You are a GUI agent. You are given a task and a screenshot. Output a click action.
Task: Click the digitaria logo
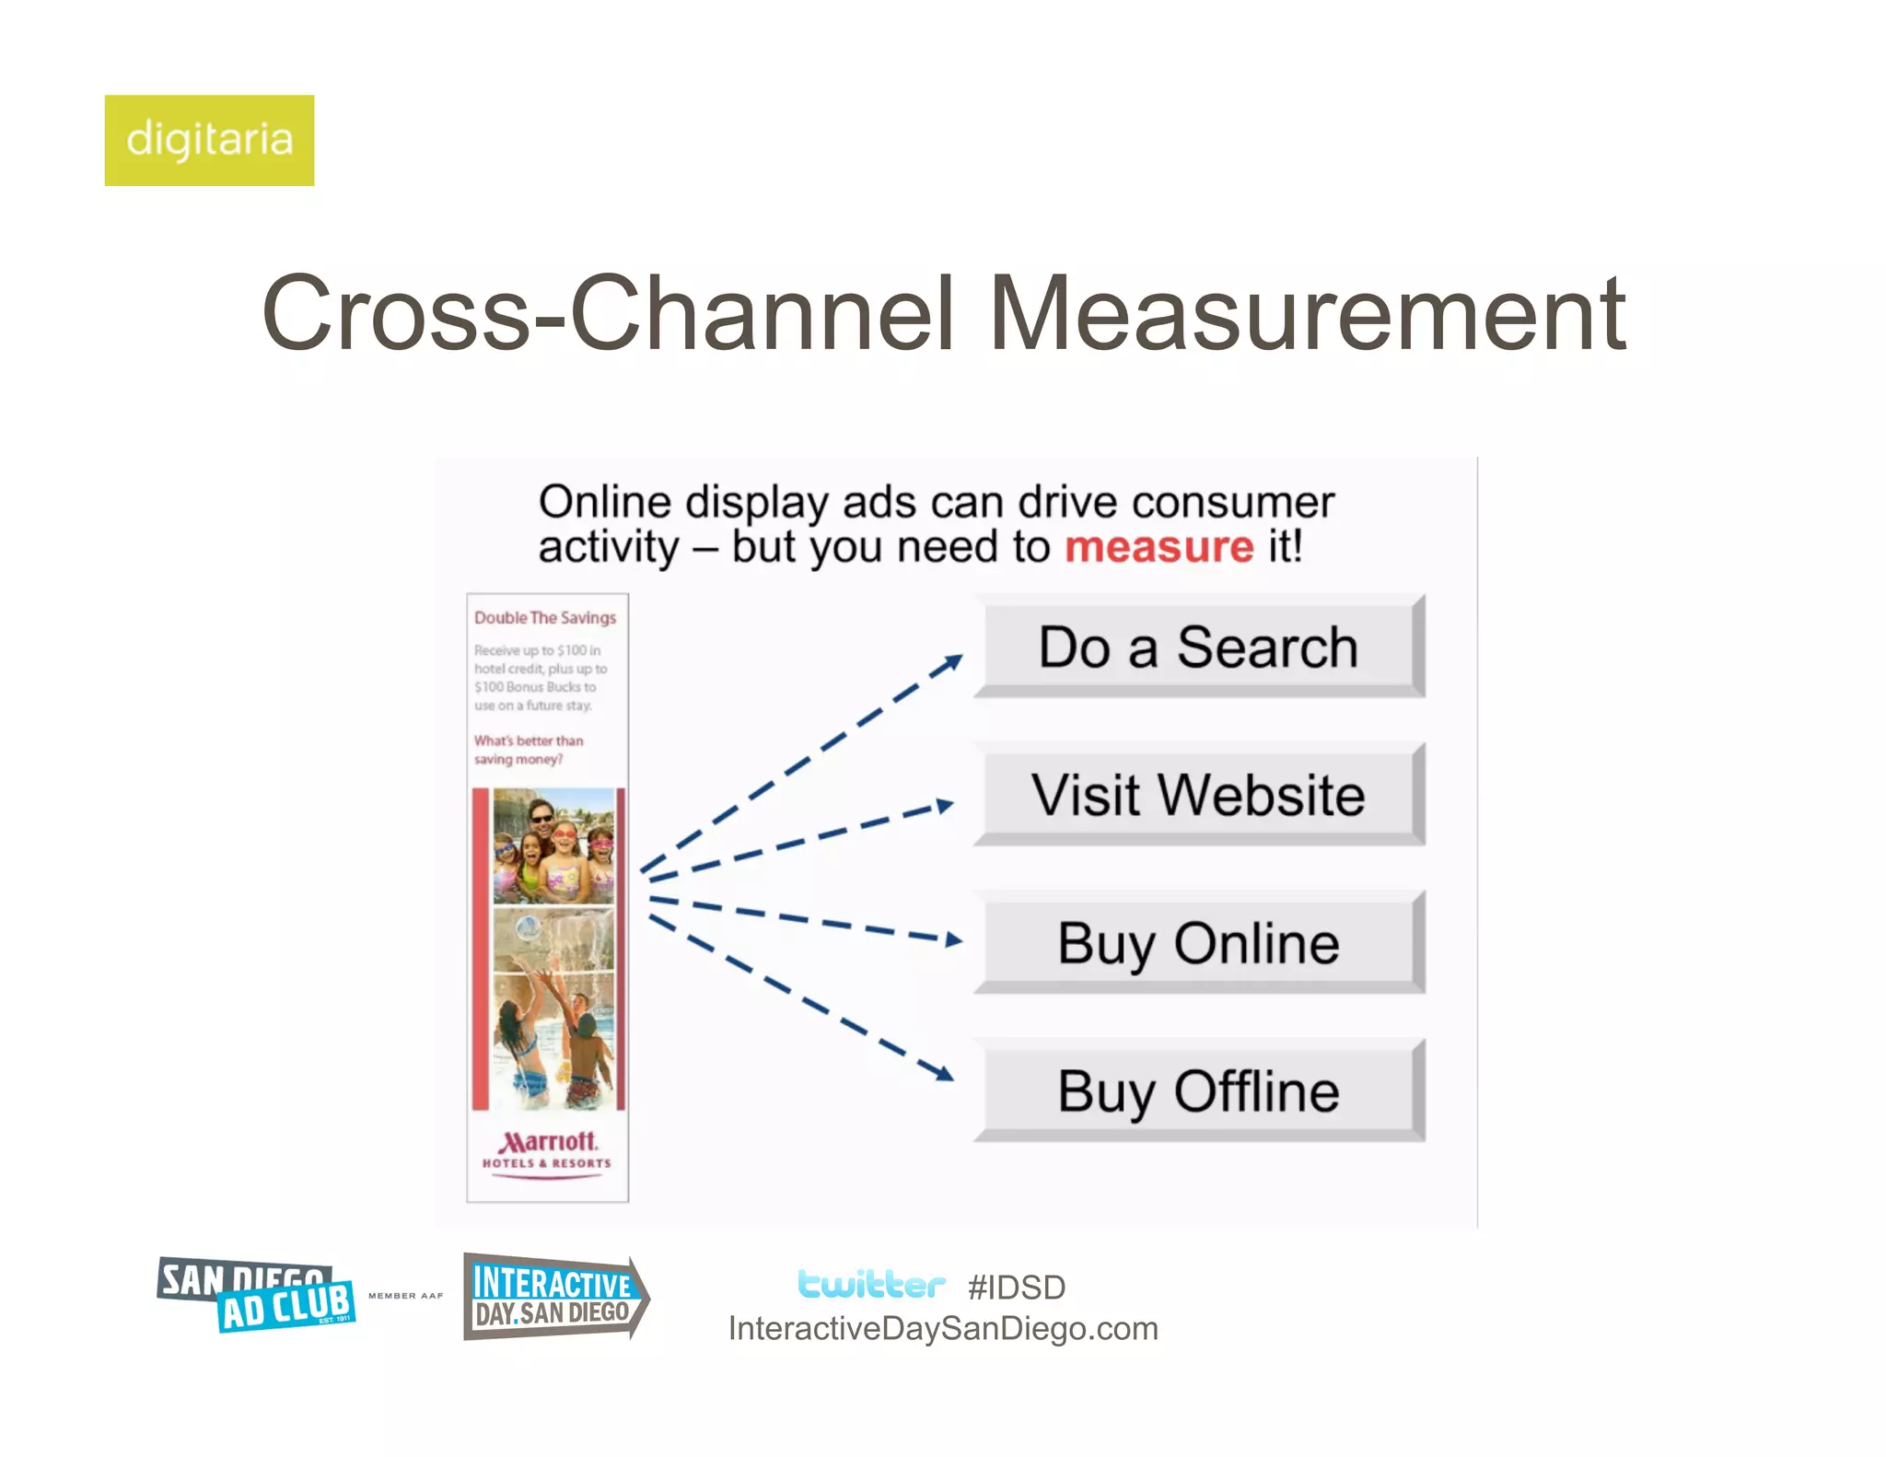pos(209,140)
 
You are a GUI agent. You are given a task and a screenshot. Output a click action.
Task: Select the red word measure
pos(1158,547)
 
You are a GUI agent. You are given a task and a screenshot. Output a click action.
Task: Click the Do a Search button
pos(1198,647)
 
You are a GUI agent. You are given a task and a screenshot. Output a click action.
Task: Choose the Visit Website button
pos(1198,795)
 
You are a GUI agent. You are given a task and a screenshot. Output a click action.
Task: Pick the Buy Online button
pos(1198,943)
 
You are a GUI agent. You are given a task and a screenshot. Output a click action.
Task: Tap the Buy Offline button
pos(1198,1091)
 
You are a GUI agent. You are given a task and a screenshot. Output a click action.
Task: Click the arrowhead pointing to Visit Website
pos(944,806)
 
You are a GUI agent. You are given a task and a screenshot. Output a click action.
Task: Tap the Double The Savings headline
pos(545,618)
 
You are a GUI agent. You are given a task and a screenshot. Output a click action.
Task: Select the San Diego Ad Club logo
pos(256,1295)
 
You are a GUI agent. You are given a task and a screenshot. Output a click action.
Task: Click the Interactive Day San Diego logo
pos(554,1297)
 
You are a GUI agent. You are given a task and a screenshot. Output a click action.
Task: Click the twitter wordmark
pos(871,1284)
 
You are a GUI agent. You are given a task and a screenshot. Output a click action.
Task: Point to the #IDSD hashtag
pos(1017,1288)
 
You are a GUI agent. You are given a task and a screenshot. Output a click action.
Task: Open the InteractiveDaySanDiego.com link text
pos(943,1329)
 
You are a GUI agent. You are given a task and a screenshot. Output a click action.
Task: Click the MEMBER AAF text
pos(405,1296)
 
